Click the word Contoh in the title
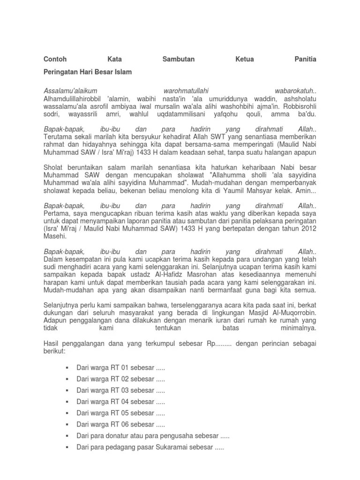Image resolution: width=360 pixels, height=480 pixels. (x=55, y=60)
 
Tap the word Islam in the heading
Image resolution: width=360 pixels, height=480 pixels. (x=124, y=72)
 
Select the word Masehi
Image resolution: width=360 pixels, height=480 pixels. (x=55, y=236)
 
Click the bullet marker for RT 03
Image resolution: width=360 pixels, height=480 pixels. (x=68, y=390)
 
